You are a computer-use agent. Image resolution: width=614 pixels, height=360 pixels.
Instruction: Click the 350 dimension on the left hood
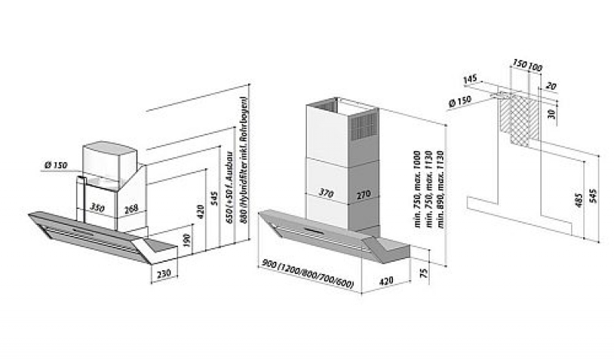97,207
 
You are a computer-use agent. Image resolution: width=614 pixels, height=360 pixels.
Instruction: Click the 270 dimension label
364,195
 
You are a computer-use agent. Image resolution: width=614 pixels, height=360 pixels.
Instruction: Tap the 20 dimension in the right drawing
550,87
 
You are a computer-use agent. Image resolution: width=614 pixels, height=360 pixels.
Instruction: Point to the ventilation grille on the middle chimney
365,128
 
